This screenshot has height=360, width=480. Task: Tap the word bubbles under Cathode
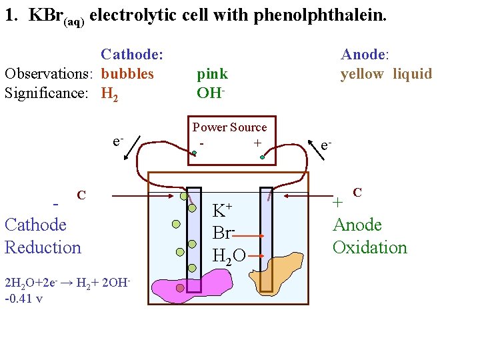click(x=127, y=73)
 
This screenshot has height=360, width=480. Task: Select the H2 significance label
click(x=111, y=93)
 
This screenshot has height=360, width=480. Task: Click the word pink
click(x=212, y=73)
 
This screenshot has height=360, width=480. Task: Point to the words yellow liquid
click(x=386, y=73)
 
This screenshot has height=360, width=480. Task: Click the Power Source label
click(x=229, y=127)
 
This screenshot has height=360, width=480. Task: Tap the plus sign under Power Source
click(x=257, y=143)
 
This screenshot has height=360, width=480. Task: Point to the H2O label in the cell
click(x=228, y=255)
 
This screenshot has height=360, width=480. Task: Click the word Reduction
click(x=43, y=247)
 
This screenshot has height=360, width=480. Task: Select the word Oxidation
click(x=369, y=247)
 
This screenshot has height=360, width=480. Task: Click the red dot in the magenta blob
click(x=180, y=288)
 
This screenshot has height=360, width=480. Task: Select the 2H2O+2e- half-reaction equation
click(x=65, y=283)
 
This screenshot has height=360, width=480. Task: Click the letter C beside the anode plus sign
click(x=357, y=193)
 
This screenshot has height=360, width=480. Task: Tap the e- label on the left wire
click(x=117, y=141)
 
